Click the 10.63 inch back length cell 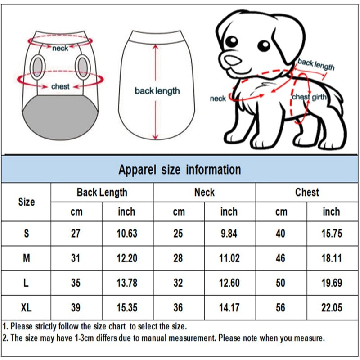pos(128,234)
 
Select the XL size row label pos(26,308)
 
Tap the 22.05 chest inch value pos(332,308)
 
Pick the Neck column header pos(204,193)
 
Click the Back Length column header pos(102,193)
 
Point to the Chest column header pos(307,193)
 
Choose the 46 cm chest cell pos(281,258)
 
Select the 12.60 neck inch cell pos(230,283)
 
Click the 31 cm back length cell pos(76,258)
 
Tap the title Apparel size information pos(180,170)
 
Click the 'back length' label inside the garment pos(157,91)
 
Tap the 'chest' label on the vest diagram pos(60,86)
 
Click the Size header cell pos(26,202)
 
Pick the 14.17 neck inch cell pos(230,308)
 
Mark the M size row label pos(26,258)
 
